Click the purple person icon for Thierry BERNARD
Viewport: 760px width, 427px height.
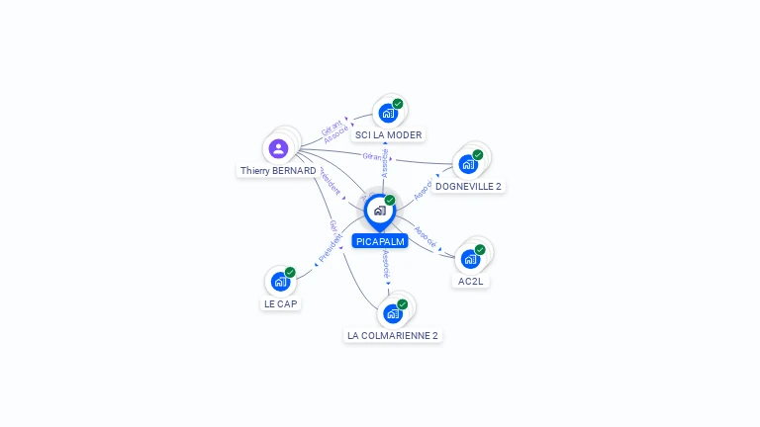[x=278, y=148]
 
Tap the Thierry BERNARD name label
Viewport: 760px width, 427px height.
[x=278, y=171]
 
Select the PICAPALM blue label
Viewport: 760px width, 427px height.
[x=380, y=241]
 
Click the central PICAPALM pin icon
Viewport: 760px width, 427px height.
[x=379, y=211]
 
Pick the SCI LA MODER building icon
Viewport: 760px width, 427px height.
[x=387, y=113]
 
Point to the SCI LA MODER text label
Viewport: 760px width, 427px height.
[x=388, y=134]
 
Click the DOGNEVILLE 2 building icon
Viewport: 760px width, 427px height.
[x=468, y=164]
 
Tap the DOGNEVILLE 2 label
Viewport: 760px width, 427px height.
[x=468, y=186]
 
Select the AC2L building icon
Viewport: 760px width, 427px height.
[x=470, y=259]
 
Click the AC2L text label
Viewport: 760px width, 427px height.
[x=472, y=281]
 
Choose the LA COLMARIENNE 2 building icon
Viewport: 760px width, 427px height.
[x=393, y=314]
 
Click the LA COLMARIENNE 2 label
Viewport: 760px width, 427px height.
[x=393, y=335]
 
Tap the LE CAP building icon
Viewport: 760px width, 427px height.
[x=280, y=282]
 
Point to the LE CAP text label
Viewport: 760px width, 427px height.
[x=281, y=303]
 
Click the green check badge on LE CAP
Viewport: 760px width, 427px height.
[x=290, y=272]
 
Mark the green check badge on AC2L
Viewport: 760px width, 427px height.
[x=480, y=249]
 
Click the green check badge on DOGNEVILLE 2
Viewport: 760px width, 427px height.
[x=478, y=154]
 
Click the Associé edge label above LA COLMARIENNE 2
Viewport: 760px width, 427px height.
[x=386, y=263]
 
